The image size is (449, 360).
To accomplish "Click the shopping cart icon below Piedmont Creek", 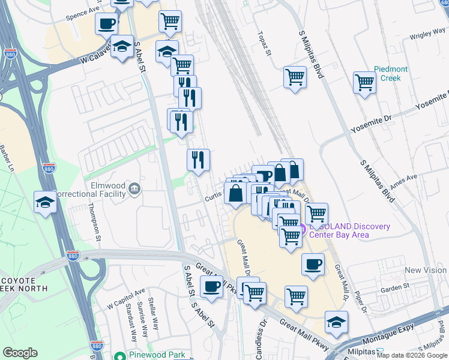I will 364,83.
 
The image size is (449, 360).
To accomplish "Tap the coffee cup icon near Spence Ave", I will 106,24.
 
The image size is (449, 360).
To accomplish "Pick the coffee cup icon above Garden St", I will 312,264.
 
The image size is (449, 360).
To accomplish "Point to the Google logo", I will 20,353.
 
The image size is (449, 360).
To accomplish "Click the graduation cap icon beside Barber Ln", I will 46,202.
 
